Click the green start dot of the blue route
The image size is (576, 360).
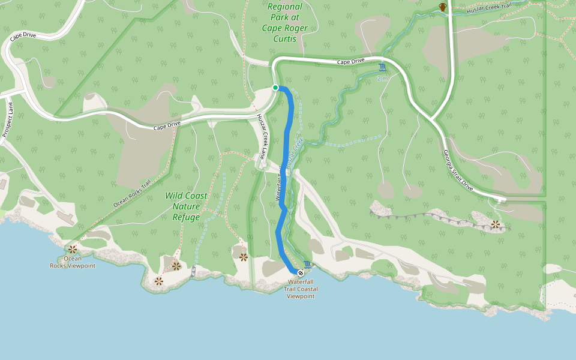tap(275, 88)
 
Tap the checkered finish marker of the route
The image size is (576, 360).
tap(301, 273)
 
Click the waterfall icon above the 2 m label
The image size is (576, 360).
tap(382, 68)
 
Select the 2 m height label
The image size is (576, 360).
tap(382, 79)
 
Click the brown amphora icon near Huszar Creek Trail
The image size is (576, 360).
tap(443, 7)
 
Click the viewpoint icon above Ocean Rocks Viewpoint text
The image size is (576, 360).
tap(73, 249)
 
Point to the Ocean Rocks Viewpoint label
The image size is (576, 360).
tap(73, 262)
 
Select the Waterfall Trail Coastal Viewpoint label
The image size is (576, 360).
tap(301, 289)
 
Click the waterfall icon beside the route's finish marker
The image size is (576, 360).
tap(308, 265)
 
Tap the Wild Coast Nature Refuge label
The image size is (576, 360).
tap(186, 206)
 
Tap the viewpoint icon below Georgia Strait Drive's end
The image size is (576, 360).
tap(496, 224)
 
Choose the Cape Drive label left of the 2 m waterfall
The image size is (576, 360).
tap(350, 61)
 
